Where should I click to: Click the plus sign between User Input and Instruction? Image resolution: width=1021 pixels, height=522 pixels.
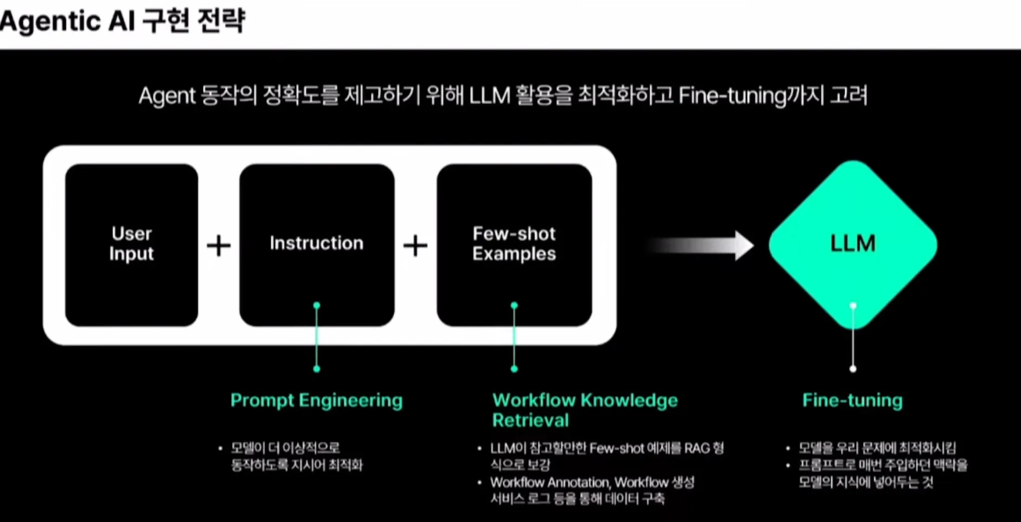tap(219, 246)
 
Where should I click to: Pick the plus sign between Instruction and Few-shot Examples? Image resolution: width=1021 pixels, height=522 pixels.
tap(415, 246)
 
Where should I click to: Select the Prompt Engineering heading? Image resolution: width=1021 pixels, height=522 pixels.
tap(317, 401)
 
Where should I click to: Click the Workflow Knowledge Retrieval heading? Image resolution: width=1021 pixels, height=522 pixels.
tap(585, 410)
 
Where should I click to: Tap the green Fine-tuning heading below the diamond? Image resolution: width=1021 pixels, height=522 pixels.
tap(852, 401)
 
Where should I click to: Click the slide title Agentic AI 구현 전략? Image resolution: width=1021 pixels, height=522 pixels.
tap(123, 21)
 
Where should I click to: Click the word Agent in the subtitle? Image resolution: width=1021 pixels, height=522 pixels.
tap(166, 96)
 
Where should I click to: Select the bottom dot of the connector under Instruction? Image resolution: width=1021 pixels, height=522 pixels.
tap(317, 369)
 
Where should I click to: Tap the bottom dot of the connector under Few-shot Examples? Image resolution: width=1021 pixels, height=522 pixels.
tap(514, 369)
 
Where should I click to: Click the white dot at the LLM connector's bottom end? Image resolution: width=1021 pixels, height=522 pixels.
tap(853, 369)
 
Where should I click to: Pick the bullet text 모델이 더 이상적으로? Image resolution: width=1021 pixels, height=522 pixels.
tap(285, 448)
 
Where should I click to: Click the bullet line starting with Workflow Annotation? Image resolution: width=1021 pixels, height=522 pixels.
tap(592, 482)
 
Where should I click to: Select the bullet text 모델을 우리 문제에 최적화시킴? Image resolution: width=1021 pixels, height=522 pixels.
tap(877, 448)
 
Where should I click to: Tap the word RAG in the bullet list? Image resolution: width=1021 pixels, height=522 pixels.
tap(697, 448)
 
